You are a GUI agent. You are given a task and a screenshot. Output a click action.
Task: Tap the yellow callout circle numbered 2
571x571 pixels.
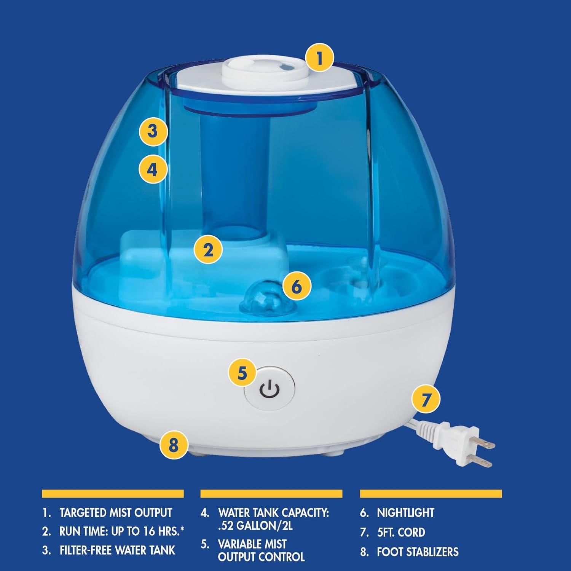point(208,250)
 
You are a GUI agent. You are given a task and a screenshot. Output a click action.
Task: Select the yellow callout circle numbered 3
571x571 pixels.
point(153,131)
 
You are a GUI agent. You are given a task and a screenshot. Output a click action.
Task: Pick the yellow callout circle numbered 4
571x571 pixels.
point(153,169)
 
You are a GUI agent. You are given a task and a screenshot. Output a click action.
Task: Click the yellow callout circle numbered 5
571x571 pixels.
point(242,373)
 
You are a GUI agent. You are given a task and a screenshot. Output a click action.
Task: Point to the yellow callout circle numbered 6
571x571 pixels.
point(297,286)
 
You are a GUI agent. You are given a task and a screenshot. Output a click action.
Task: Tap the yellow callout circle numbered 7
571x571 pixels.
point(426,399)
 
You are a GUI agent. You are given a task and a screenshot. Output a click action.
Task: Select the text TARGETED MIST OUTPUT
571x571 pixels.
point(116,513)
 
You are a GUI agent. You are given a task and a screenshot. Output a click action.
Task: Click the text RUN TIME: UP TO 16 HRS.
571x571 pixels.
point(121,531)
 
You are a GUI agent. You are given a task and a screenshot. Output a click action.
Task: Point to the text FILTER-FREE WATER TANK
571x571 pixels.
point(117,550)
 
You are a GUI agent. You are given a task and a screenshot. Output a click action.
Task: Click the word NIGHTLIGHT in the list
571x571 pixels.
point(405,513)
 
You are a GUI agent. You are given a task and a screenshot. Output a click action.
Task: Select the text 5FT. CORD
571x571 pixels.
point(401,532)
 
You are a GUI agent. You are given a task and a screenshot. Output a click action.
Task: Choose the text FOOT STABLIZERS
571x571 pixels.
point(418,552)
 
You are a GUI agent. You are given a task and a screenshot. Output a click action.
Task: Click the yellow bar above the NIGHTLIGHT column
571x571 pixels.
point(431,494)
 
